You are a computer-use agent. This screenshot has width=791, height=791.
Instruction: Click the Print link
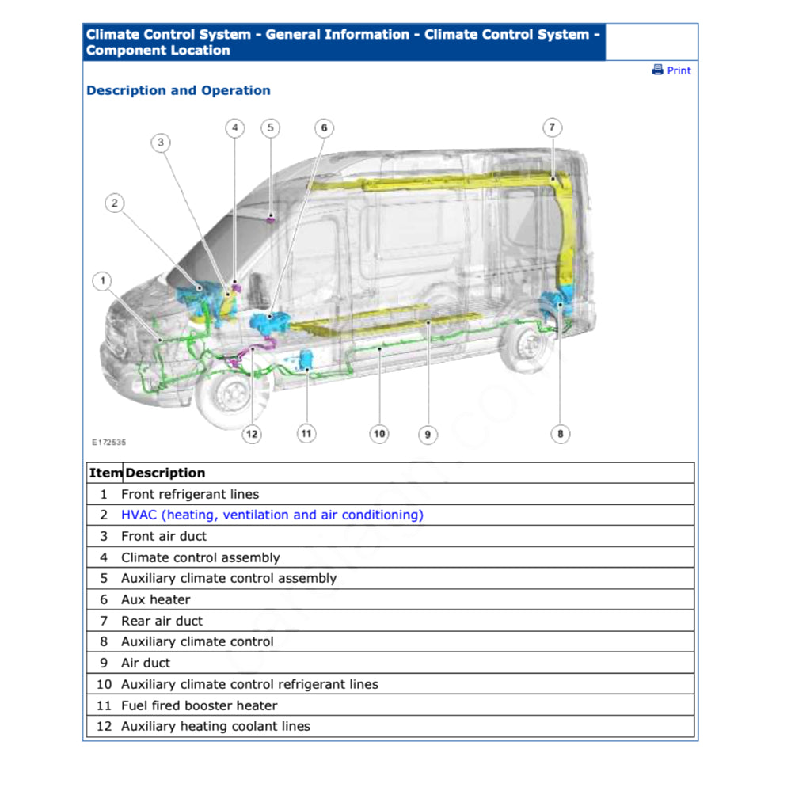pyautogui.click(x=671, y=70)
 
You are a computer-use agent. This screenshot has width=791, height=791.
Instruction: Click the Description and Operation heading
pyautogui.click(x=178, y=90)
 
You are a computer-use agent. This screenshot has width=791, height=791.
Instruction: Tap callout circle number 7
pyautogui.click(x=553, y=127)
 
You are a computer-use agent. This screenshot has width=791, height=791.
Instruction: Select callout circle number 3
pyautogui.click(x=161, y=143)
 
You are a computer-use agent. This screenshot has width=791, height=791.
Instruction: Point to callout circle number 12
pyautogui.click(x=252, y=434)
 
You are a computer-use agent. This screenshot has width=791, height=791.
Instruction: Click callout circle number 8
pyautogui.click(x=561, y=434)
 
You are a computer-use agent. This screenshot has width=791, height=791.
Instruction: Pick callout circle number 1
pyautogui.click(x=101, y=280)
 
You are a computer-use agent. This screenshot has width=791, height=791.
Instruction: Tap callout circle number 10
pyautogui.click(x=379, y=434)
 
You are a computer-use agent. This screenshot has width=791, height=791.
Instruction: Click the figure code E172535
pyautogui.click(x=108, y=443)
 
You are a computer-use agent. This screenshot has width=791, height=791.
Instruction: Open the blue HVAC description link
pyautogui.click(x=272, y=515)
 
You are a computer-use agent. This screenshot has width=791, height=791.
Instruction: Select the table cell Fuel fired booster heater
pyautogui.click(x=200, y=705)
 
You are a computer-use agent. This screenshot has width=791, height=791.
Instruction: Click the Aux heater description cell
pyautogui.click(x=156, y=599)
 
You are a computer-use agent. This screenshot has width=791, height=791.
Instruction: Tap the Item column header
pyautogui.click(x=105, y=473)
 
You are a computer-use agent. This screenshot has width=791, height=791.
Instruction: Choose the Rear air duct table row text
pyautogui.click(x=162, y=621)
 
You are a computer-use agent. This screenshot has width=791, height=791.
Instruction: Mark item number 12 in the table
pyautogui.click(x=104, y=726)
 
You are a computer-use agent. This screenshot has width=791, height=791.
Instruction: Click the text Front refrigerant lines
pyautogui.click(x=190, y=494)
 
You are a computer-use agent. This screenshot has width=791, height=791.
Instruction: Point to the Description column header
pyautogui.click(x=165, y=473)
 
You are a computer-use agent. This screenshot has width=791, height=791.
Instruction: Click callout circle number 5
pyautogui.click(x=271, y=127)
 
